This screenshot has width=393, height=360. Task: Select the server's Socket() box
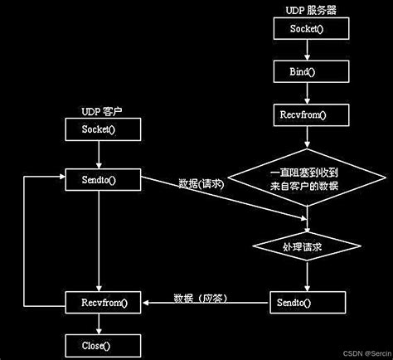tap(308, 29)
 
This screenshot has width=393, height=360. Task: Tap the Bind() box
tap(308, 71)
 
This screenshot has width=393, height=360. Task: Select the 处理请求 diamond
tap(308, 246)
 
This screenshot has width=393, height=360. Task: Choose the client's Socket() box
tap(99, 129)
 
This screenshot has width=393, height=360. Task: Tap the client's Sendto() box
tap(99, 178)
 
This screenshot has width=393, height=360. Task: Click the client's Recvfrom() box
tap(99, 303)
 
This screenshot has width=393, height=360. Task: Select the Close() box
tap(99, 344)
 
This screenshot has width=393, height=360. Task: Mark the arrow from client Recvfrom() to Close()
tap(99, 324)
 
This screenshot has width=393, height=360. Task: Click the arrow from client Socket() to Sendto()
tap(99, 153)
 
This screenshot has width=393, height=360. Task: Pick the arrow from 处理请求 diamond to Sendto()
tap(308, 275)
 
